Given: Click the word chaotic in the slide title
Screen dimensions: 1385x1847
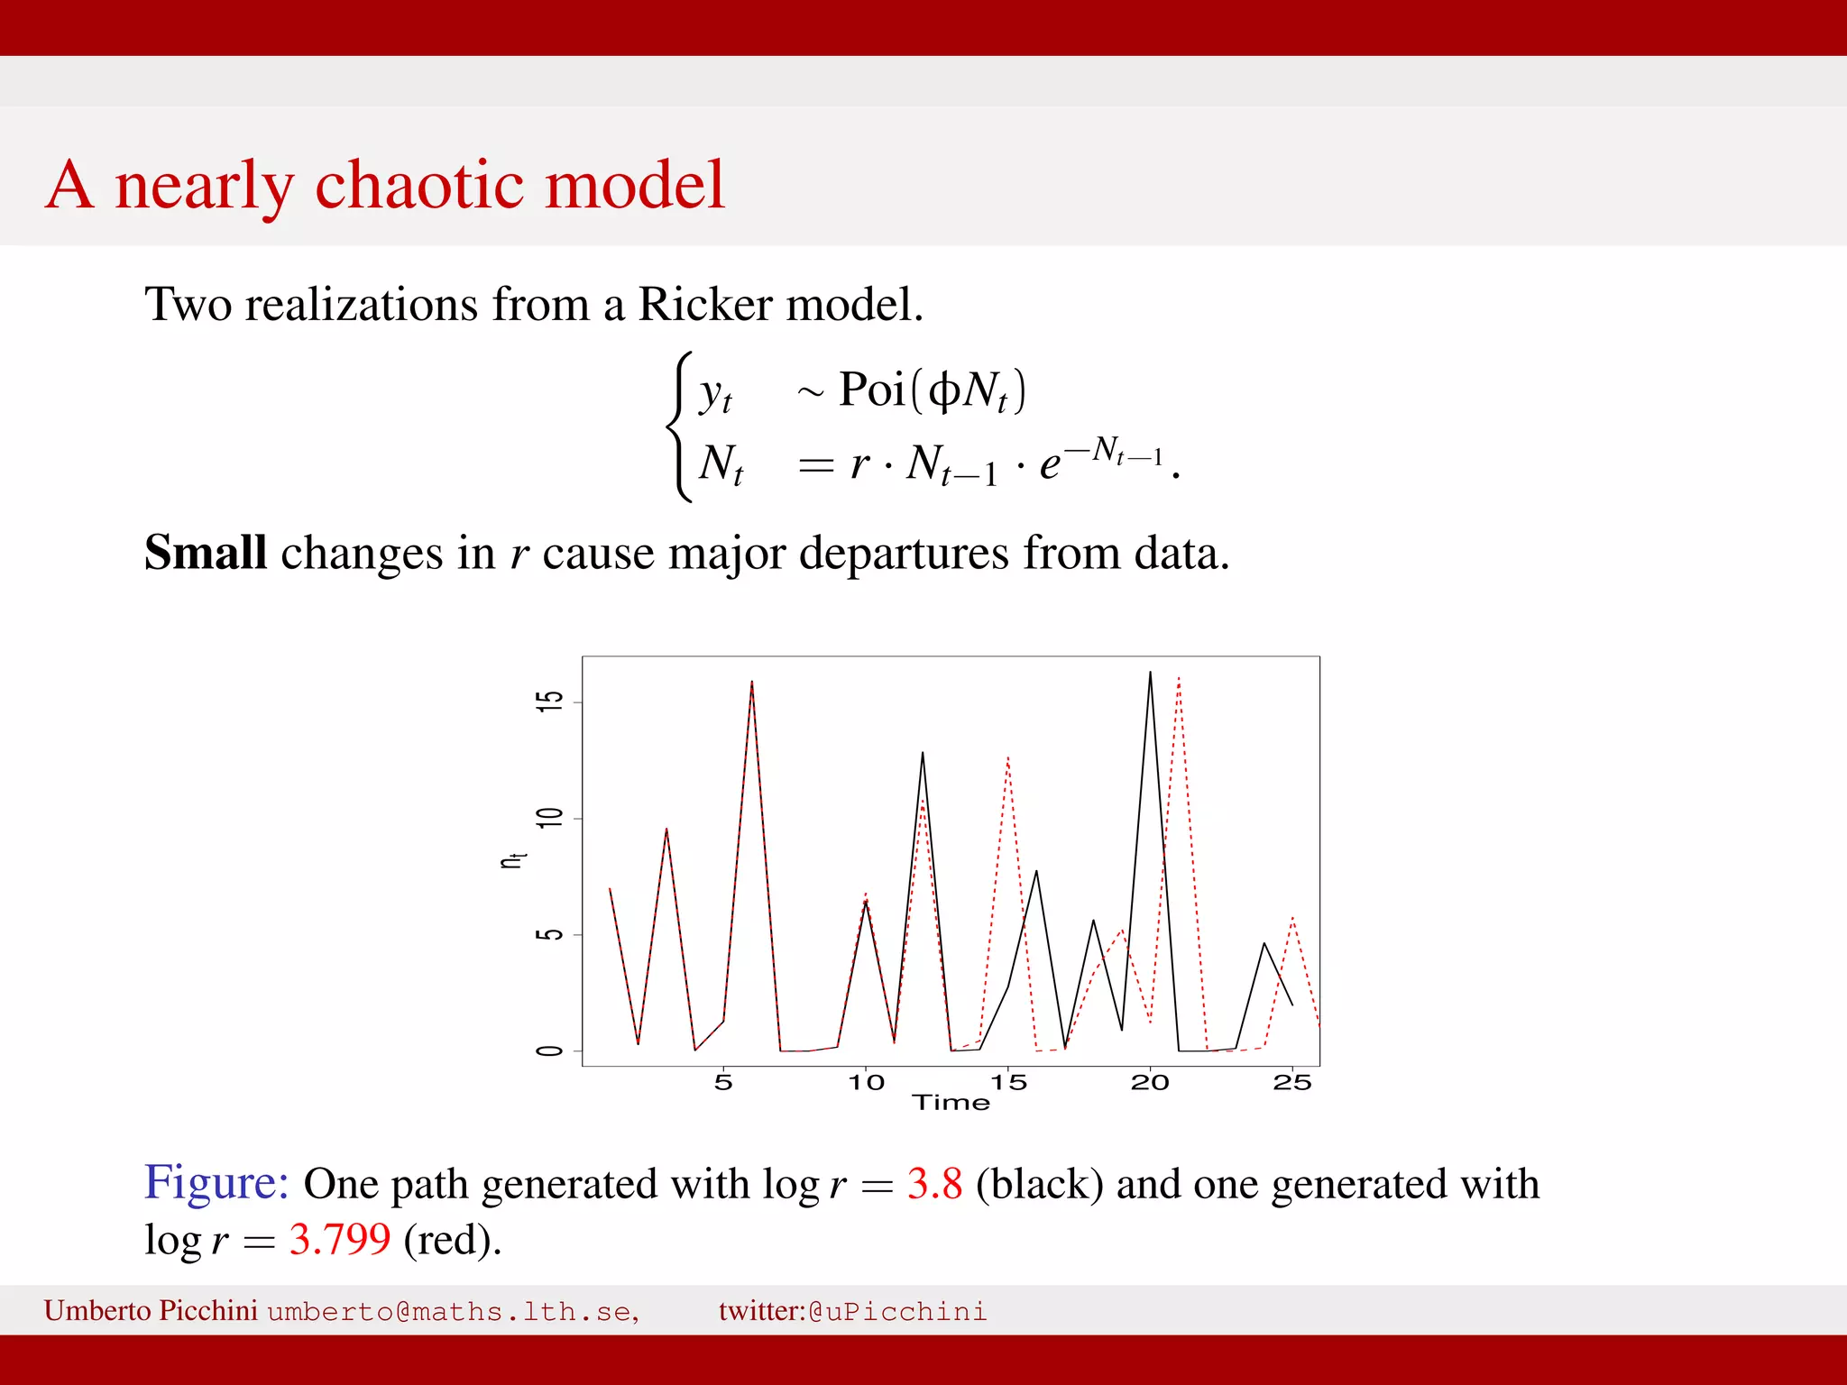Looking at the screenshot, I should (418, 185).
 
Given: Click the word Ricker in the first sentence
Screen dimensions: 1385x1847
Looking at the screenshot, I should (706, 305).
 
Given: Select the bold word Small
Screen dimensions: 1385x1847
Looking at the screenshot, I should (206, 553).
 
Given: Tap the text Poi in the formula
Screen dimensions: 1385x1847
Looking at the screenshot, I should (871, 390).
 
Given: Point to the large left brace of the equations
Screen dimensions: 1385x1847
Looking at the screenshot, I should (679, 427).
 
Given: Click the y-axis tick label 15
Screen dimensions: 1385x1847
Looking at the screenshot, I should (549, 702).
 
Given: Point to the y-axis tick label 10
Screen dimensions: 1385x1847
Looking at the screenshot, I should (549, 818).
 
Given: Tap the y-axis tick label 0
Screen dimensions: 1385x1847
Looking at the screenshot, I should (549, 1051).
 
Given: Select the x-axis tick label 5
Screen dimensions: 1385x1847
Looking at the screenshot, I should (723, 1083).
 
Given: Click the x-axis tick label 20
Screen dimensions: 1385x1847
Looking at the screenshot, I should (1150, 1083).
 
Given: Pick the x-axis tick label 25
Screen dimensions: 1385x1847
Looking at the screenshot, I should (1291, 1083).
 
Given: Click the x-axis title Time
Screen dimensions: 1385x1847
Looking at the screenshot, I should (951, 1103).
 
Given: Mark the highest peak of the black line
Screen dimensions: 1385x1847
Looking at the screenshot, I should (1150, 673).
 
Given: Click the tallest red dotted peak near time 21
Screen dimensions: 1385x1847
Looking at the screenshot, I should (1179, 678).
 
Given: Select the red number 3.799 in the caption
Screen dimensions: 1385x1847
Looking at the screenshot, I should (340, 1240).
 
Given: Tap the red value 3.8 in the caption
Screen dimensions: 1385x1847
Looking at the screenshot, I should (934, 1184).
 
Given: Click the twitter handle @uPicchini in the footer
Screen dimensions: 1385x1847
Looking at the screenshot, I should (897, 1311).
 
